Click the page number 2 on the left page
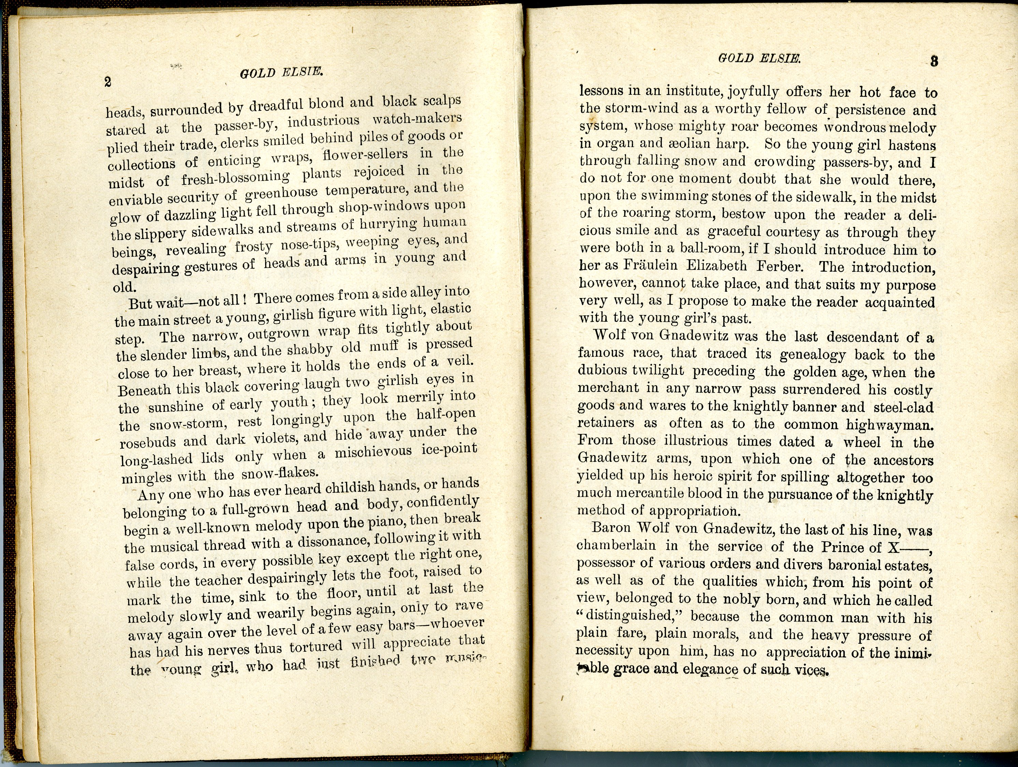108,82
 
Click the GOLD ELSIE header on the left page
281,73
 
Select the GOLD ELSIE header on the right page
759,58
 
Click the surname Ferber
782,267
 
